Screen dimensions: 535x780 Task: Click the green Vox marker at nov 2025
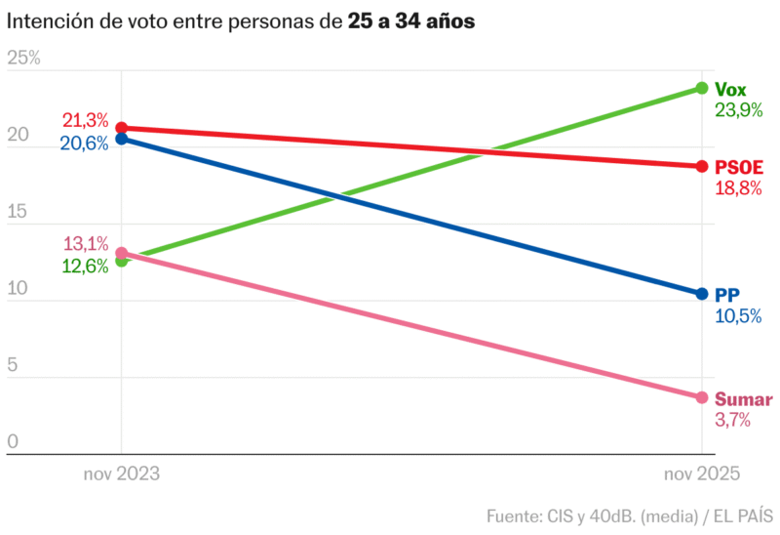[x=701, y=88]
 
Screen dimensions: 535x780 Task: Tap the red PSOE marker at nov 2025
[x=701, y=166]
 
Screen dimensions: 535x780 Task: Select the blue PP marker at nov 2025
[x=701, y=294]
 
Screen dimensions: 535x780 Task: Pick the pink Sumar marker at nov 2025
[x=701, y=397]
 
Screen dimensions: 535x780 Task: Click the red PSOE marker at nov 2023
[x=121, y=128]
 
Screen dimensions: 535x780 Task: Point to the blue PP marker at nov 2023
[x=121, y=139]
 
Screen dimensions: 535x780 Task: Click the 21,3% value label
[x=85, y=121]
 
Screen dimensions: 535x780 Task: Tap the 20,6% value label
[x=85, y=144]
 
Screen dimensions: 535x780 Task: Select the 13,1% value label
[x=85, y=244]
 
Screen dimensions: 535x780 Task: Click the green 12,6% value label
[x=85, y=266]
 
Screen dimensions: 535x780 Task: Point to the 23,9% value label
[x=738, y=110]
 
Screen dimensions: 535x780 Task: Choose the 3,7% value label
[x=732, y=421]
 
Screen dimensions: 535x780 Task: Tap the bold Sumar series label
[x=743, y=399]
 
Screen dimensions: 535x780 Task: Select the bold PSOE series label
[x=739, y=167]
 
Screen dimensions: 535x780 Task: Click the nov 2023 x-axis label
[x=121, y=473]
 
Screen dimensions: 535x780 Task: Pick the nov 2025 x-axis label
[x=701, y=473]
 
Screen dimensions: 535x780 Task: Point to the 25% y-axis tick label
[x=24, y=59]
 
